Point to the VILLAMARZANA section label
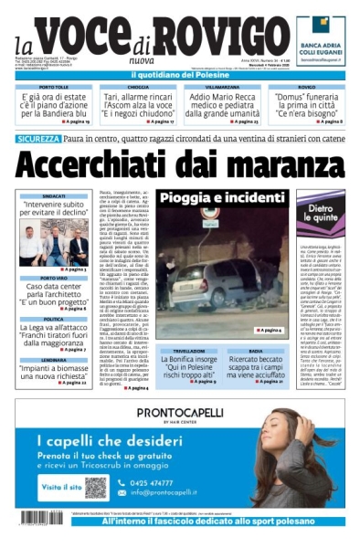pos(223,87)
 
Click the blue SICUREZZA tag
pos(38,139)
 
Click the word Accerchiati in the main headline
pos(98,165)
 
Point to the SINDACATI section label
pos(53,195)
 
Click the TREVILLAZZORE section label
pos(189,350)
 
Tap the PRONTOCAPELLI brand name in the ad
pos(178,413)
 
